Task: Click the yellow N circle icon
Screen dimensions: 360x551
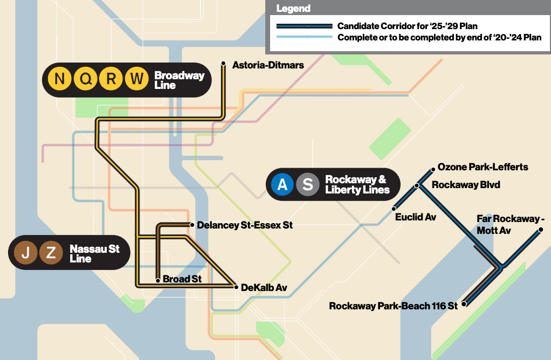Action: coord(60,79)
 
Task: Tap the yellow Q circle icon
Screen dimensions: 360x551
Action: coord(86,79)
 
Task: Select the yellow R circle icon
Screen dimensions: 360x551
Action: coord(111,79)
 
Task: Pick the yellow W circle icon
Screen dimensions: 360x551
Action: coord(137,79)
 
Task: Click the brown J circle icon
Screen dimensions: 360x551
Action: coord(25,252)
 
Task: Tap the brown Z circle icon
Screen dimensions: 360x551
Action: coord(51,252)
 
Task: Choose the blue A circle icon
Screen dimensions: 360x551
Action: coord(282,184)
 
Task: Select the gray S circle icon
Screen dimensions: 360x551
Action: coord(307,184)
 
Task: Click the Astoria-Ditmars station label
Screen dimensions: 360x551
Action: coord(268,65)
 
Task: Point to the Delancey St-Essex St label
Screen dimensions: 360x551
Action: coord(245,225)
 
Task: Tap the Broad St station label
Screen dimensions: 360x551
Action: coord(182,279)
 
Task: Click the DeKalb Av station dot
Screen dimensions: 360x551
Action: coord(236,287)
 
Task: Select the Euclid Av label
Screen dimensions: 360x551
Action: coord(415,217)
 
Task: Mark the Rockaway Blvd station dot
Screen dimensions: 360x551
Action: coord(417,185)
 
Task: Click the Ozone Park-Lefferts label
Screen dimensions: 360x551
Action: coord(483,167)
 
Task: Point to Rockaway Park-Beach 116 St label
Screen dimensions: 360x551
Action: coord(393,306)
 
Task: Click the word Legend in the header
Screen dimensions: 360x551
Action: coord(293,9)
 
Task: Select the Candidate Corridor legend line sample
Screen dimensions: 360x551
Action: coord(304,26)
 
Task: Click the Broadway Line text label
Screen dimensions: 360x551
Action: coord(179,80)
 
